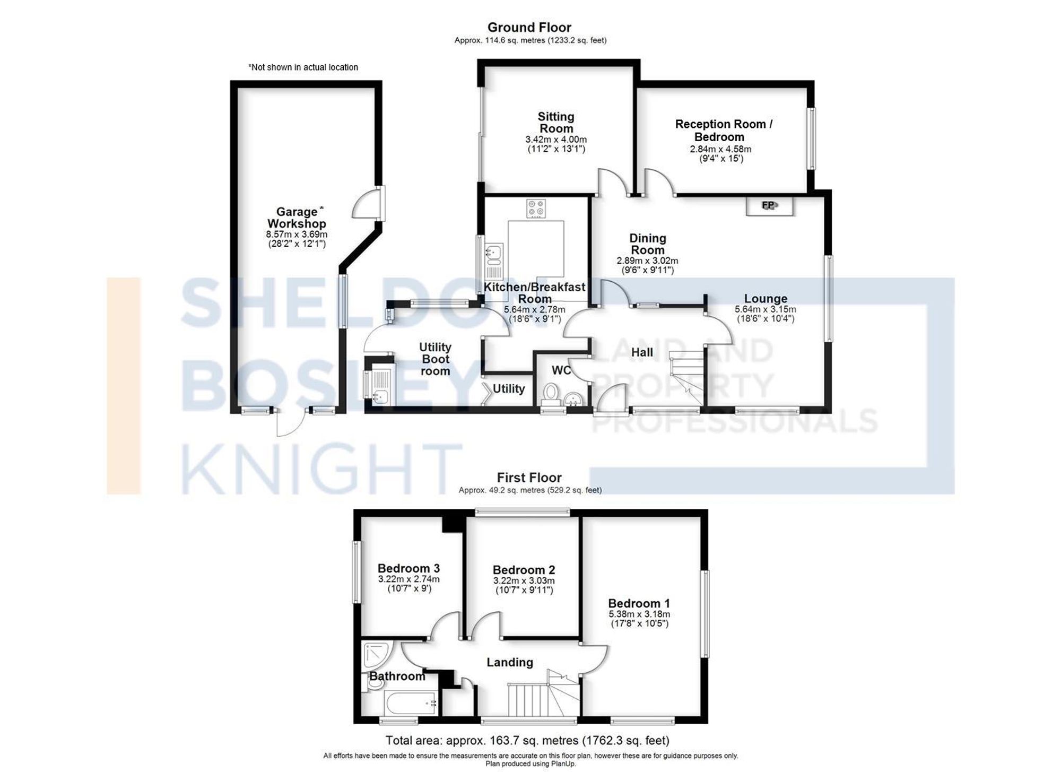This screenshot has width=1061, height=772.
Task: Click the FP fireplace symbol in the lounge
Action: [769, 205]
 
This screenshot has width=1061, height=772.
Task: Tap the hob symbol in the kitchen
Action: [536, 208]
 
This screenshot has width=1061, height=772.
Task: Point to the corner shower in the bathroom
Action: [377, 656]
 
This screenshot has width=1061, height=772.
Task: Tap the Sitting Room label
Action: [555, 122]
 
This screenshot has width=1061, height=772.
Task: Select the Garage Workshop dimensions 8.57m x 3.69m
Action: [296, 235]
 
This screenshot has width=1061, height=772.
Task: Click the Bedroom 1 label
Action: [638, 603]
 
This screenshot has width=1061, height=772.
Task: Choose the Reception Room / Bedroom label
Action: [723, 130]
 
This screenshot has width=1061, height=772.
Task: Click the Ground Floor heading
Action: [529, 28]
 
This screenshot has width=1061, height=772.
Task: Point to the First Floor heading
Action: [529, 478]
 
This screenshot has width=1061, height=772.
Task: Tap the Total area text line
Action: [527, 740]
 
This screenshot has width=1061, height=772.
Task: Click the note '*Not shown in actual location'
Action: [303, 67]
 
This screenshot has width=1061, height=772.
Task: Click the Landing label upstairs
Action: [509, 662]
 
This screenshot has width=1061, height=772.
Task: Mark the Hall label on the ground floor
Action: [641, 352]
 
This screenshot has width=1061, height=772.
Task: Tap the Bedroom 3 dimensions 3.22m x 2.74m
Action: [408, 579]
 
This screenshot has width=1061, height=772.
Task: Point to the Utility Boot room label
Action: [435, 359]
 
